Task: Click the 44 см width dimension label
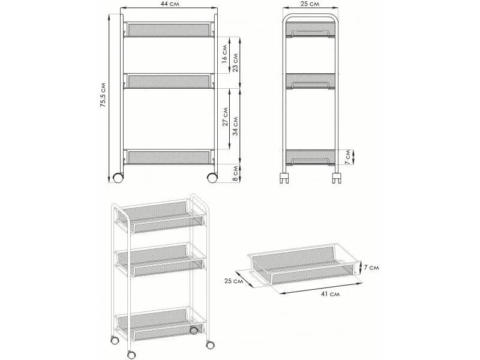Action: coord(170,4)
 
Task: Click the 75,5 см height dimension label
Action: coord(103,95)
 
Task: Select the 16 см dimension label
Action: coord(224,54)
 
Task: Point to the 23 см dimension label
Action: coord(235,63)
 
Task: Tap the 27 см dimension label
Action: coord(225,116)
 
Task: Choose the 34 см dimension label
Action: coord(235,126)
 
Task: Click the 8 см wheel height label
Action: coord(235,173)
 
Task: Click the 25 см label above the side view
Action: coord(310,4)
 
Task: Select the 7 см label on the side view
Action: coord(347,157)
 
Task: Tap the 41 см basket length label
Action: coord(331,294)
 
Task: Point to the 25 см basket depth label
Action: coord(233,281)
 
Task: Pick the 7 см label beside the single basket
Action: coord(371,268)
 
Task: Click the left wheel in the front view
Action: coord(118,178)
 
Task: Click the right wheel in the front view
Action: coord(212,178)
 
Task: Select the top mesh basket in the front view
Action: coord(170,29)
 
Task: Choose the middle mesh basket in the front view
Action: coord(170,81)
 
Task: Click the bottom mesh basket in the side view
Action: coord(311,157)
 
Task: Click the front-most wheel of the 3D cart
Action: coord(131,355)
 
